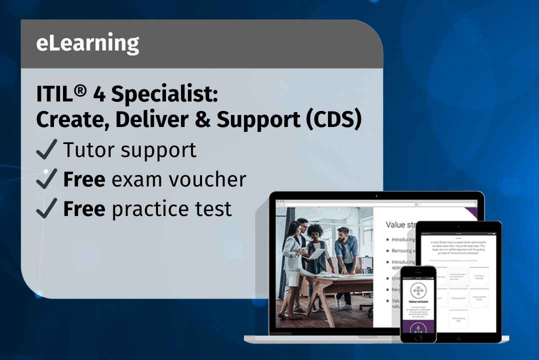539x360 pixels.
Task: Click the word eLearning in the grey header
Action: click(87, 44)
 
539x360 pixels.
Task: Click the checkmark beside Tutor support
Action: click(47, 150)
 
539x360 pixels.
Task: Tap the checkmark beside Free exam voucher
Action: click(47, 179)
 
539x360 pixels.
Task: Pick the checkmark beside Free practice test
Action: click(47, 208)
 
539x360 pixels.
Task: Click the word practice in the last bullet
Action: click(144, 209)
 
